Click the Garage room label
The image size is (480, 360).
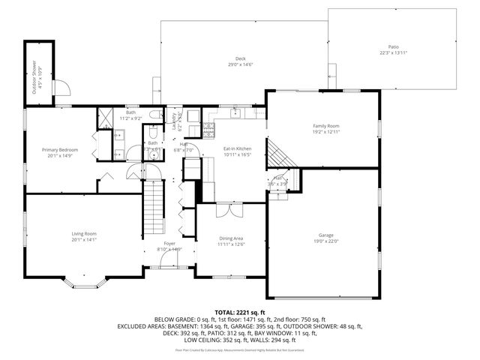(x=326, y=235)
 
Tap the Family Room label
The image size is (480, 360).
(x=326, y=126)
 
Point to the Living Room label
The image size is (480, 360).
(x=84, y=234)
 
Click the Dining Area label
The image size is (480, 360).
(x=231, y=238)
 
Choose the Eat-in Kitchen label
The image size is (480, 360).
(x=237, y=149)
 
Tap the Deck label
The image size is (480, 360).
(x=241, y=58)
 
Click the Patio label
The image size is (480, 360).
(x=393, y=46)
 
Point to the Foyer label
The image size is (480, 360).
(x=169, y=244)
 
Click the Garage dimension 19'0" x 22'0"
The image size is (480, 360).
(x=326, y=241)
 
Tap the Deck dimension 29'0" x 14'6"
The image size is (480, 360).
(x=241, y=64)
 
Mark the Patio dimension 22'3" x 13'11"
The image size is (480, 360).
(x=393, y=52)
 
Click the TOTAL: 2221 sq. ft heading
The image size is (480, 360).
(x=240, y=311)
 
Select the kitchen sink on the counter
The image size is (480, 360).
(x=235, y=113)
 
